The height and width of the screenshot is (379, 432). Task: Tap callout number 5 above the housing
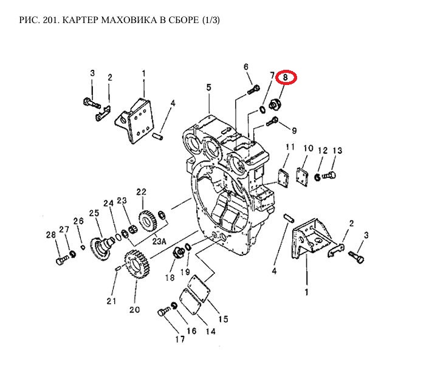[208, 87]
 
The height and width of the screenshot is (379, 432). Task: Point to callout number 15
[223, 319]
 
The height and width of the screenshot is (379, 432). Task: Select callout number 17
[180, 340]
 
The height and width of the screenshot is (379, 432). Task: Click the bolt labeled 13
[329, 176]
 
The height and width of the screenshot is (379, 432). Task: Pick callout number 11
[290, 148]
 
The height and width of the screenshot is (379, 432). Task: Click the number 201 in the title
[46, 21]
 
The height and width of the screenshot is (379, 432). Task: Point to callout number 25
[94, 213]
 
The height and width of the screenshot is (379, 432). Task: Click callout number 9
[293, 131]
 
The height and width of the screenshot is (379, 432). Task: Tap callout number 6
[246, 67]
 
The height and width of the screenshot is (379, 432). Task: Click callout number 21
[111, 301]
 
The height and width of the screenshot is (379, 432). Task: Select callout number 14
[210, 332]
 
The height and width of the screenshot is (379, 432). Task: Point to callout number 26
[78, 220]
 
